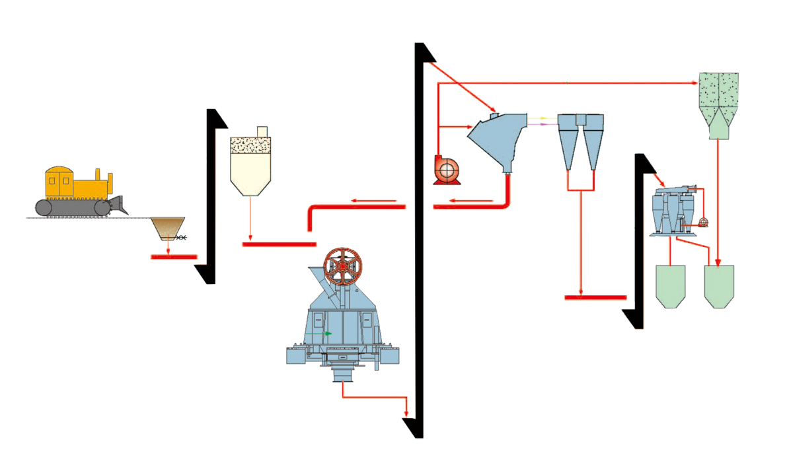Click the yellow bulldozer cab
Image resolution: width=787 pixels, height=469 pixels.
point(59,182)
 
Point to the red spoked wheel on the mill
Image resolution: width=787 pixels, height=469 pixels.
point(348,267)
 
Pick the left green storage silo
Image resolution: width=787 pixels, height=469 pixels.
point(671,284)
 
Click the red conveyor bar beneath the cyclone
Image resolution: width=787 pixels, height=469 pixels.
point(595,298)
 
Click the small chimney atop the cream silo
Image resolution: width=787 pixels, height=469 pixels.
point(262,131)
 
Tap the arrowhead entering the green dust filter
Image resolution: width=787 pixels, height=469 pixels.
point(695,83)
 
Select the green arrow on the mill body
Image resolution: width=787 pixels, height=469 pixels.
point(328,334)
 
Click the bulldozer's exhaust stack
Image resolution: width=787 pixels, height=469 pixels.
point(98,174)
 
